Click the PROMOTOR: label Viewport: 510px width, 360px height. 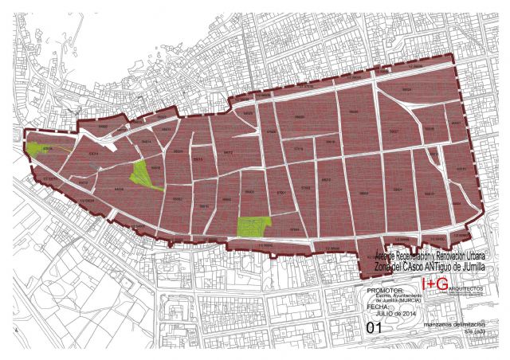(386, 290)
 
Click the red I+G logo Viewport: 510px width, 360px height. (436, 284)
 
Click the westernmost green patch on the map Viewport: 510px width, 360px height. (34, 148)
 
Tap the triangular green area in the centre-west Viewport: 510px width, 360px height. (143, 174)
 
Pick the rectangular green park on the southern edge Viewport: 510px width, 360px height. (253, 227)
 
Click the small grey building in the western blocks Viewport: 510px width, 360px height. (96, 165)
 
